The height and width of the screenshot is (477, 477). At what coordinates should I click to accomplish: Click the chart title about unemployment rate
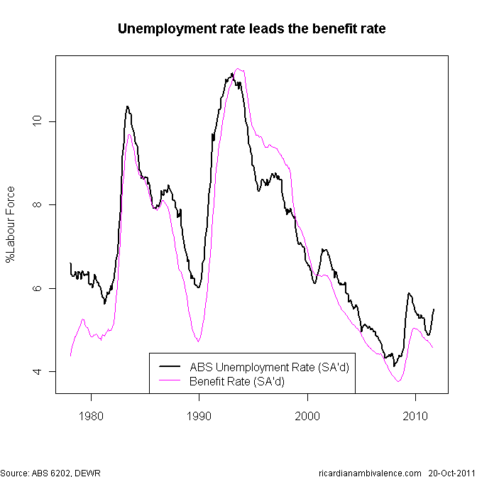coord(251,29)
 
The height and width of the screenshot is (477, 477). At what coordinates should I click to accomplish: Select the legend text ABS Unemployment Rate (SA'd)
coord(269,367)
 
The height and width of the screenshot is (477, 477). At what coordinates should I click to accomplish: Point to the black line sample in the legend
coord(170,367)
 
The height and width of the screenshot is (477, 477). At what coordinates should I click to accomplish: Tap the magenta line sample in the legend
coord(170,381)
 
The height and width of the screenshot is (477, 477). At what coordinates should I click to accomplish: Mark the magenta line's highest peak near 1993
coord(239,69)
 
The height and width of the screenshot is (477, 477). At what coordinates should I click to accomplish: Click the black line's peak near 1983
coord(127,106)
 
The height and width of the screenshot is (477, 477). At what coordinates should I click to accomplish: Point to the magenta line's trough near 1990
coord(198,341)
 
